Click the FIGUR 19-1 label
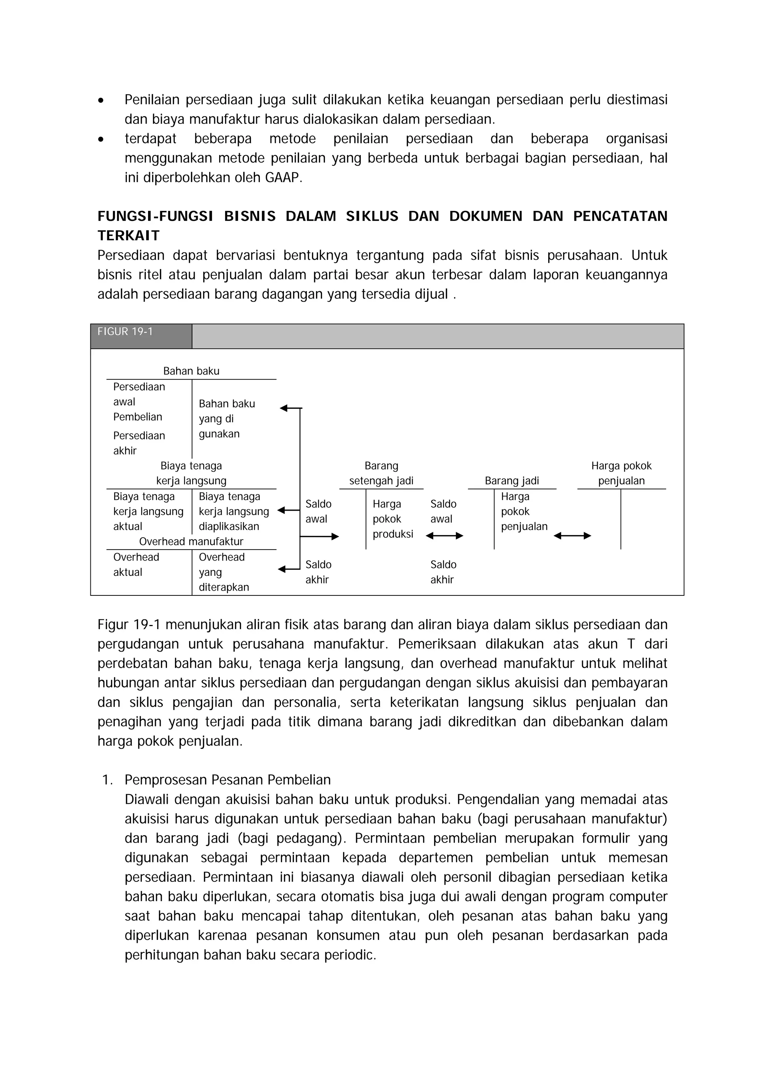pyautogui.click(x=125, y=332)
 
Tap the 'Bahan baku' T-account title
pyautogui.click(x=191, y=371)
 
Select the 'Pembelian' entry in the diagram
pyautogui.click(x=137, y=417)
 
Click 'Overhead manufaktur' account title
pyautogui.click(x=191, y=542)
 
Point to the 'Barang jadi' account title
pyautogui.click(x=512, y=481)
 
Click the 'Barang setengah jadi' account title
pyautogui.click(x=381, y=473)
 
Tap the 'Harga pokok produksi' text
pyautogui.click(x=392, y=519)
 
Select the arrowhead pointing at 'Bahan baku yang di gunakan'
pyautogui.click(x=284, y=409)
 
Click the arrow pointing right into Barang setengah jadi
pyautogui.click(x=334, y=537)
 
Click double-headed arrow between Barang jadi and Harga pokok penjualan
pyautogui.click(x=572, y=536)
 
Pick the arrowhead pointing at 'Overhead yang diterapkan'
pyautogui.click(x=282, y=569)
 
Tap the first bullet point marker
pyautogui.click(x=101, y=100)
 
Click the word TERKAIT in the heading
pyautogui.click(x=128, y=236)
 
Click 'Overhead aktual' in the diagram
pyautogui.click(x=136, y=565)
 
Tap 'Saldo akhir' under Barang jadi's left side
pyautogui.click(x=443, y=572)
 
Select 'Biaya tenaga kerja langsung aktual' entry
pyautogui.click(x=148, y=512)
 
